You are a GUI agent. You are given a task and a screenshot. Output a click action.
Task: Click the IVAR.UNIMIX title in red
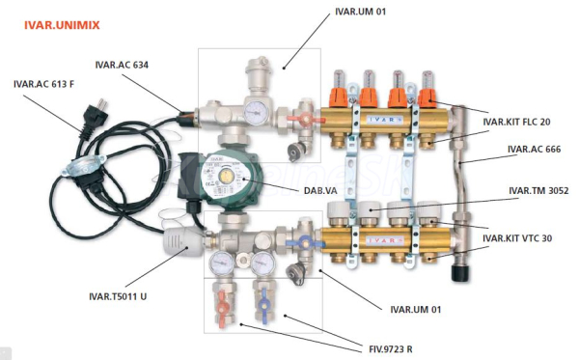pos(62,25)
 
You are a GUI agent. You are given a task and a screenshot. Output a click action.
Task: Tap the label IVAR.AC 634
pos(122,65)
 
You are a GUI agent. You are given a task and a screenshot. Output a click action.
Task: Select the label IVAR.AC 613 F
pos(44,84)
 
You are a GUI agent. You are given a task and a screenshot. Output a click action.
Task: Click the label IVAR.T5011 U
pos(118,296)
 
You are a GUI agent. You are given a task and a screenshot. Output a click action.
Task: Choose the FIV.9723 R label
pos(391,349)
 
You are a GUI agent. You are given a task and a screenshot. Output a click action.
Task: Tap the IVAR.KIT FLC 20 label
pos(516,122)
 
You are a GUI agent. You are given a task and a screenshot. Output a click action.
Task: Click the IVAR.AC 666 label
pos(534,150)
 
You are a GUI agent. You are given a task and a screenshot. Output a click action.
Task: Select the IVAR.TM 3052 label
pos(538,190)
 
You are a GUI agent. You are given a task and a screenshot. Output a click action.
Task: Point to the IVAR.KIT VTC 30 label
pos(517,238)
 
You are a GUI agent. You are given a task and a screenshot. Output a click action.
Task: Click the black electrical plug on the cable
pos(93,118)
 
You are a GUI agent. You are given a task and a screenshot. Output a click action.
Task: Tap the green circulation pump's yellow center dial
pos(225,177)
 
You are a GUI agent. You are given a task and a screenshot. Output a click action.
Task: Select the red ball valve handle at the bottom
pos(222,309)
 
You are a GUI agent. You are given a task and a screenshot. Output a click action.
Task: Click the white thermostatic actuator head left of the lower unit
pos(182,242)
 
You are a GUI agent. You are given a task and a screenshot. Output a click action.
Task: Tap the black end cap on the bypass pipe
pos(461,272)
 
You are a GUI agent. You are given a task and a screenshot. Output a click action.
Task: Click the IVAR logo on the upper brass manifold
pos(385,120)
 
